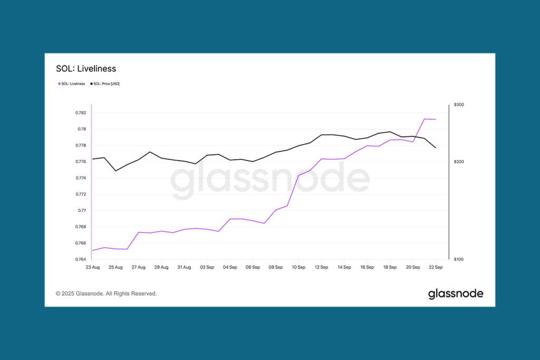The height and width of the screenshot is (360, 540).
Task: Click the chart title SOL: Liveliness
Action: tap(86, 69)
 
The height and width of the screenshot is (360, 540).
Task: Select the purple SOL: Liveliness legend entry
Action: tap(72, 84)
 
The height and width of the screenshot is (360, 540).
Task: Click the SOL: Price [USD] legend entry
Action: tap(105, 84)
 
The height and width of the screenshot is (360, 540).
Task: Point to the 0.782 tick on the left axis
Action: tap(81, 113)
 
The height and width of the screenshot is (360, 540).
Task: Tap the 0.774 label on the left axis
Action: tap(81, 178)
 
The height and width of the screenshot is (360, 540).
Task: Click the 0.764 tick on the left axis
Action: tap(81, 259)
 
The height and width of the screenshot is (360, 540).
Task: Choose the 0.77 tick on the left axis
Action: tap(82, 211)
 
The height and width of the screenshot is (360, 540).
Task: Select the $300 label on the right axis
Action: tap(459, 105)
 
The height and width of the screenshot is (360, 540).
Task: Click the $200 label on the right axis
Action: tap(459, 162)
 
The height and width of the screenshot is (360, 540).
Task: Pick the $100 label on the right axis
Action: tap(459, 259)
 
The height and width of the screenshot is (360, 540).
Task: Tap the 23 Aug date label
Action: tap(92, 268)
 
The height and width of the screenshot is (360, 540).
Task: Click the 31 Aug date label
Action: tap(184, 268)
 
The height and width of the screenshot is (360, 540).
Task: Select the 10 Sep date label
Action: tap(298, 268)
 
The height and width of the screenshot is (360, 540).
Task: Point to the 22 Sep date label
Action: tap(436, 268)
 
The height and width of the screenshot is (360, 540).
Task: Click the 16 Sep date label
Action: tap(367, 268)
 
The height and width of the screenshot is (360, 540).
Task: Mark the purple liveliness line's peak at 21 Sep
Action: tap(425, 119)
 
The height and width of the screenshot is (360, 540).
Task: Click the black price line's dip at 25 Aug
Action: tap(115, 171)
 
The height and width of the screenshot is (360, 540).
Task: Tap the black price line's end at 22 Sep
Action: tap(436, 148)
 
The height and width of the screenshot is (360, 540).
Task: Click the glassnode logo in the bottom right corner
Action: tap(456, 294)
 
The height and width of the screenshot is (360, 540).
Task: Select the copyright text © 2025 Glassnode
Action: tap(106, 294)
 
